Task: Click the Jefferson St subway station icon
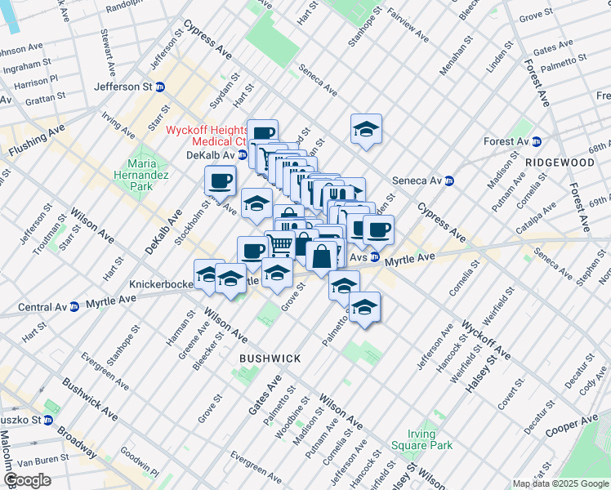pos(160,87)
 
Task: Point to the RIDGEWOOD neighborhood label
pos(560,163)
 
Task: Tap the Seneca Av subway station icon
pos(448,180)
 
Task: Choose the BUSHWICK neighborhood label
pos(270,359)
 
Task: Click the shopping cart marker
pos(279,243)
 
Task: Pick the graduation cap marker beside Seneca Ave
pos(367,128)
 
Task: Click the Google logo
pos(28,480)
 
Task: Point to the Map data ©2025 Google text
pos(560,483)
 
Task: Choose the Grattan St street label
pos(44,97)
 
